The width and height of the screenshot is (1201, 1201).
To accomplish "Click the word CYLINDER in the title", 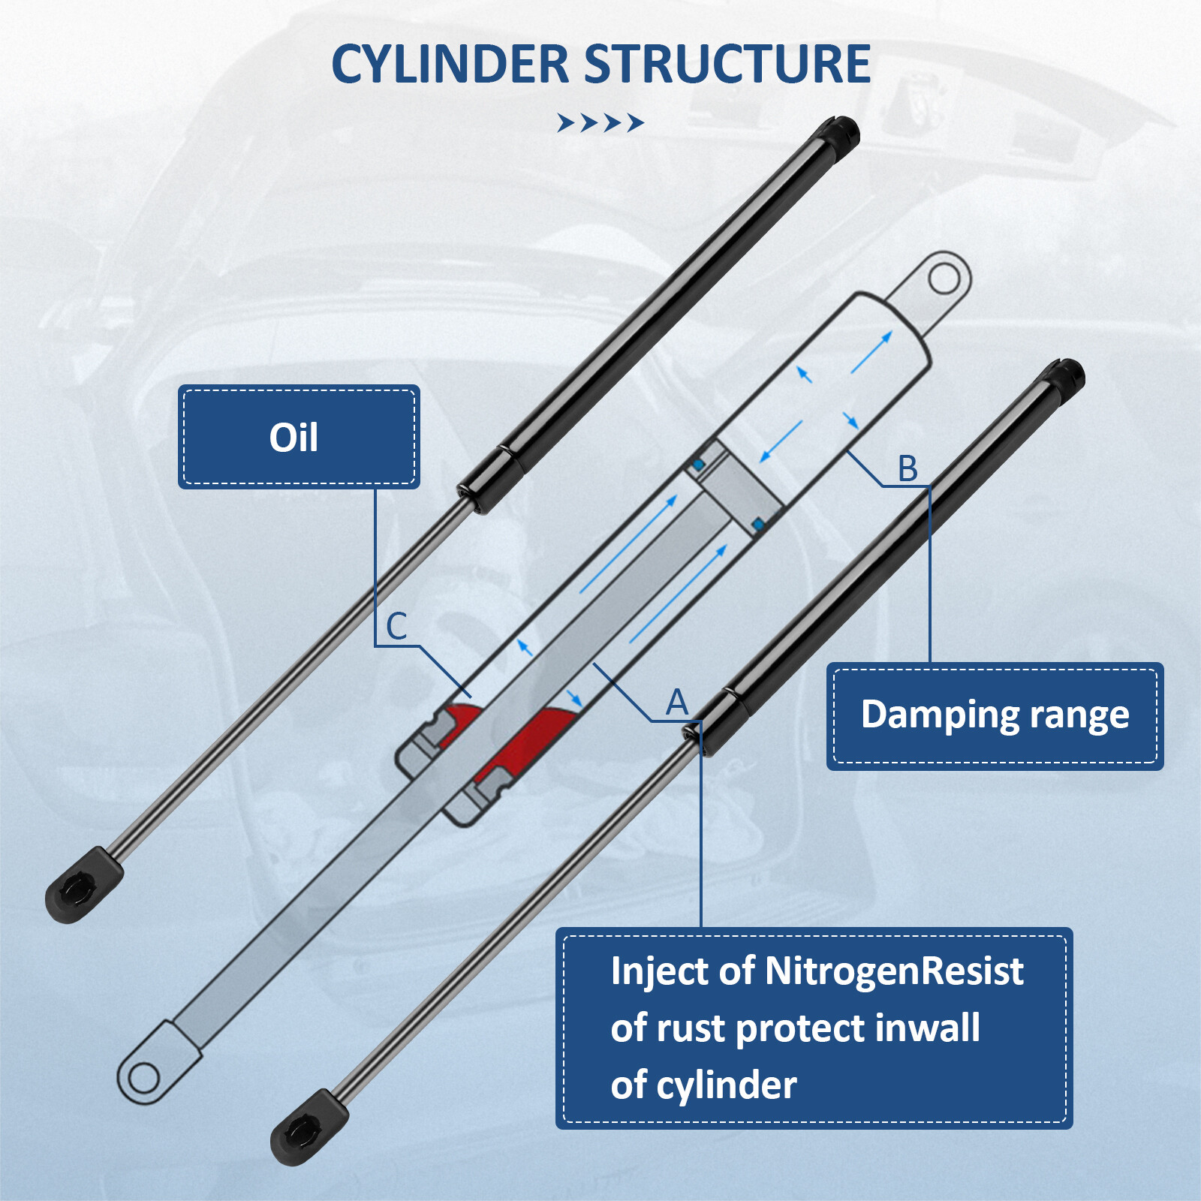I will tap(450, 64).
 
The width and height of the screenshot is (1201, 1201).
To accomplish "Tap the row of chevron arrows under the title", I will tap(600, 122).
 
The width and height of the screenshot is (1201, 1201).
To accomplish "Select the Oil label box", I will tap(298, 437).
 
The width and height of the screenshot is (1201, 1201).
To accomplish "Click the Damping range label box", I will tap(995, 715).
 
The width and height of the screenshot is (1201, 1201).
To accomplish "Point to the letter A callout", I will tap(676, 703).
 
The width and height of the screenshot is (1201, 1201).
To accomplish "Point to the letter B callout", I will tap(908, 468).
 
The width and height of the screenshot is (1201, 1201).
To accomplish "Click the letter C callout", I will tap(396, 626).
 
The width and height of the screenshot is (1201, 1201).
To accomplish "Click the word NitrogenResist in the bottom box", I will tap(893, 971).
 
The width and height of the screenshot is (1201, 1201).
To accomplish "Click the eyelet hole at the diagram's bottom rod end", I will tap(143, 1079).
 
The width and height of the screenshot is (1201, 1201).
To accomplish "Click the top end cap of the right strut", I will tap(1066, 376).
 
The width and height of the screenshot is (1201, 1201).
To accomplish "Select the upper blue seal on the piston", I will tap(698, 465).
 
